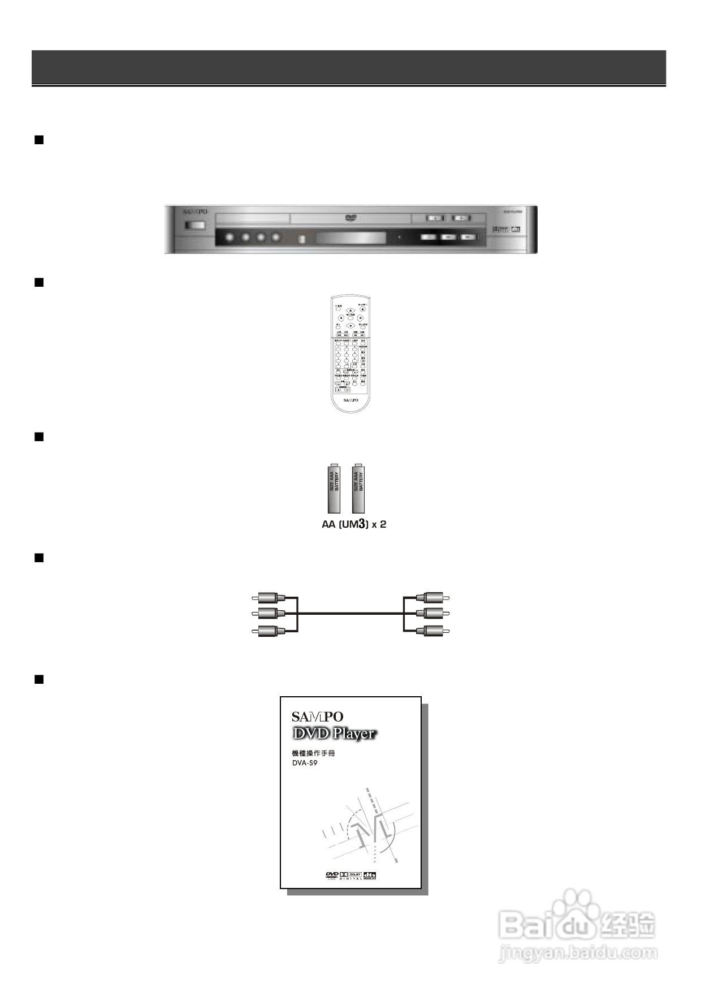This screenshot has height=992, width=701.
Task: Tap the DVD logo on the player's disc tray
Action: [349, 218]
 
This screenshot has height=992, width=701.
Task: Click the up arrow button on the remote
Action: [350, 310]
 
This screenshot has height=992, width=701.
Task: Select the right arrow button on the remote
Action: [360, 318]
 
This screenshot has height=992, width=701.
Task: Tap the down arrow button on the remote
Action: [350, 326]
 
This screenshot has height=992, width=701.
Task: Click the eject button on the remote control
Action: [363, 309]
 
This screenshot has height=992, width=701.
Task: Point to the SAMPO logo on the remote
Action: [350, 399]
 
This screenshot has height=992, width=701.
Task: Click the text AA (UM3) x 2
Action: [354, 524]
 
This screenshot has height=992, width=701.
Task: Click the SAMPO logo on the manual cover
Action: [317, 717]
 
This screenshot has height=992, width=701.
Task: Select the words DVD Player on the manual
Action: [334, 734]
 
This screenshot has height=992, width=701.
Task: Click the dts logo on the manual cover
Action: [370, 876]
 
